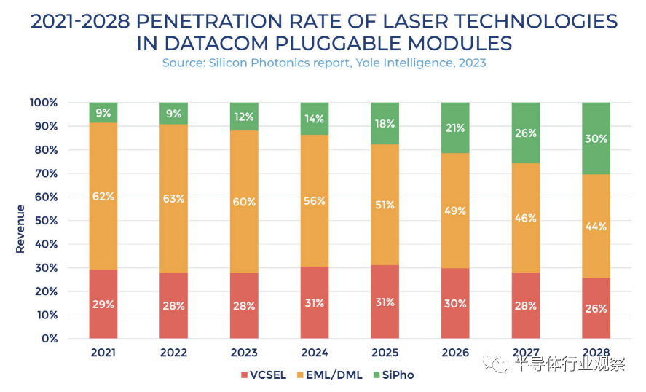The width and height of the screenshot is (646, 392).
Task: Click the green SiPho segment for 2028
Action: (x=596, y=138)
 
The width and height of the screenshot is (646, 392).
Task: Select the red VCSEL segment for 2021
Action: (x=103, y=304)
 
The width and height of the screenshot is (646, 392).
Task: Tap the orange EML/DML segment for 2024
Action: (x=314, y=201)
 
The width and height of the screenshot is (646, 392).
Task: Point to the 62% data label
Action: (x=103, y=196)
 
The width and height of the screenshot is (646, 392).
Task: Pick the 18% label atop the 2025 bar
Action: (x=385, y=123)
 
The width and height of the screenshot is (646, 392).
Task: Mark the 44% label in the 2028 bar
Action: (x=596, y=226)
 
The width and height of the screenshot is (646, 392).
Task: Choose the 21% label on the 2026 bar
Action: (x=455, y=128)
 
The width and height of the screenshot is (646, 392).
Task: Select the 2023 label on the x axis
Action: (x=244, y=353)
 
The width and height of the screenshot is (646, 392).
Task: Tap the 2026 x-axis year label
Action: (x=455, y=353)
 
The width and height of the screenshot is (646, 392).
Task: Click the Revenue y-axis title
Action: (x=20, y=229)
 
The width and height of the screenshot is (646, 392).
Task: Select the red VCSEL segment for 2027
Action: (x=525, y=306)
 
